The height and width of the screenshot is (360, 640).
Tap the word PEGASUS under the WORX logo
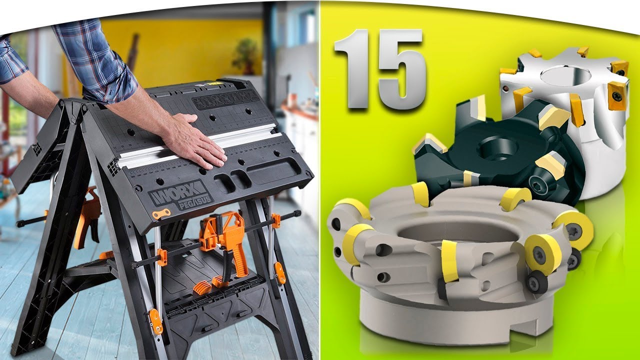point(195,202)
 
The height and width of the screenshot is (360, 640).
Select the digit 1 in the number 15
point(352,68)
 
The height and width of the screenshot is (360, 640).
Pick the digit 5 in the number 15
point(401,69)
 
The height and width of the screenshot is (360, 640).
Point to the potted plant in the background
point(244,55)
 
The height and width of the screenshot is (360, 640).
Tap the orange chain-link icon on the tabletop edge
point(161,213)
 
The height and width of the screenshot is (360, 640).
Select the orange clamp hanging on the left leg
point(87,217)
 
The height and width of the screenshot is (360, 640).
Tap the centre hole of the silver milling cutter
point(565,75)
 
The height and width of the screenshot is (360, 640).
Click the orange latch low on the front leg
point(155,321)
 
